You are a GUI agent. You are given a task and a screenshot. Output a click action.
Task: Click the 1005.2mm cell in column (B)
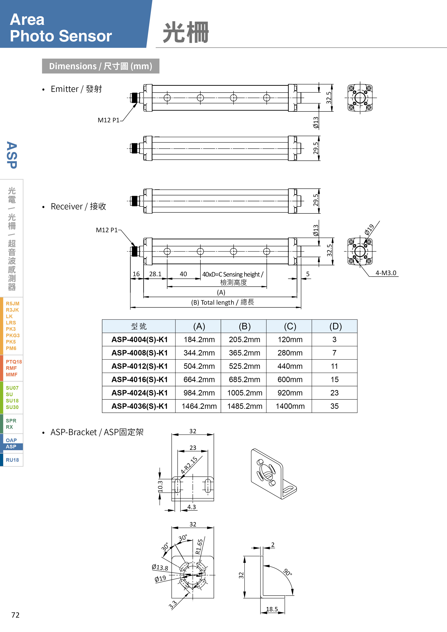coord(244,393)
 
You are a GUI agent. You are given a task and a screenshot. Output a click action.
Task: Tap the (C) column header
coord(290,326)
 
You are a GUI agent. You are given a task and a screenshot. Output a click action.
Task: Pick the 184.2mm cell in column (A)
coord(199,340)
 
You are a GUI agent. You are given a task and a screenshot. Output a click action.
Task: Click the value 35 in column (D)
coord(334,406)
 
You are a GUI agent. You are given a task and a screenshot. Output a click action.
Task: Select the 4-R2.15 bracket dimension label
coord(189,465)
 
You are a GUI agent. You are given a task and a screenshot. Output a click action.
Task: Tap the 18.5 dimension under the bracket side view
coord(272,609)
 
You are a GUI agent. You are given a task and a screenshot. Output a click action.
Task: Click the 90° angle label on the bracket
coord(287,572)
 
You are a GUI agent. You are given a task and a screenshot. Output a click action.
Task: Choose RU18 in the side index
coord(12,460)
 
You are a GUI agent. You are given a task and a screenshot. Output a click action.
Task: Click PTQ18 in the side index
coord(14,362)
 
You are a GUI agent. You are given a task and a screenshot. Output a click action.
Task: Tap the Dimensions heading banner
coord(101,66)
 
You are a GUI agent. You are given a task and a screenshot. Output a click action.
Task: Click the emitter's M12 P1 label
coord(108,120)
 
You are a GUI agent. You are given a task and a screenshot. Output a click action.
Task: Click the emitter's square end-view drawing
coord(360,98)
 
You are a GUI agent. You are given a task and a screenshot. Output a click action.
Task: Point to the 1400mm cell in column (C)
coord(290,406)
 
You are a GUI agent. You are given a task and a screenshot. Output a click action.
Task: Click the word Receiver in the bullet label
coord(67,206)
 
